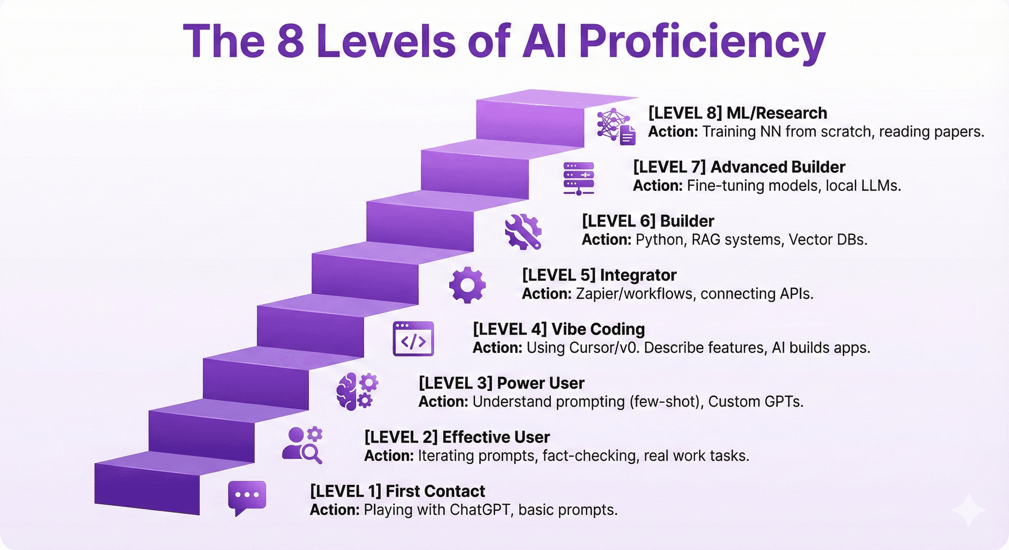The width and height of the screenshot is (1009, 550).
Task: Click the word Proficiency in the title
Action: point(702,42)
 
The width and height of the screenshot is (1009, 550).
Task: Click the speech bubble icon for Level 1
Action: point(246,497)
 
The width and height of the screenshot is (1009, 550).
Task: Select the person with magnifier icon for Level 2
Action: point(302,445)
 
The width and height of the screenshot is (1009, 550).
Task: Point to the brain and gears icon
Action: point(357,391)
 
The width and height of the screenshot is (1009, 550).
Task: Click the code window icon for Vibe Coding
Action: point(413,339)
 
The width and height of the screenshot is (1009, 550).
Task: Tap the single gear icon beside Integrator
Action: point(467,285)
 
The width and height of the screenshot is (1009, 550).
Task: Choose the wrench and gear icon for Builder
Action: point(523,231)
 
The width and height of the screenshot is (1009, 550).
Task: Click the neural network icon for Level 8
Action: point(615,126)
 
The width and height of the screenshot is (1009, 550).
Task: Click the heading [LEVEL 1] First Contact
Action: point(397,491)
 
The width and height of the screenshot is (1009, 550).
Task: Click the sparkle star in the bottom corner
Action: point(968,510)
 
